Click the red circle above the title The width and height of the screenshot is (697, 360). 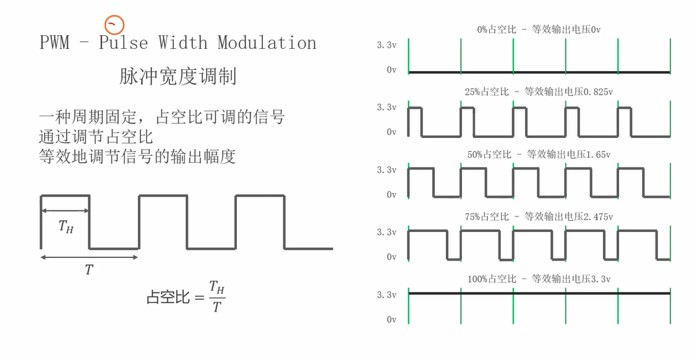point(114,25)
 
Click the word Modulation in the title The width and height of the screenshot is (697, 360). point(267,43)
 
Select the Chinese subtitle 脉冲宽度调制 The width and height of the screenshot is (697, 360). point(178,77)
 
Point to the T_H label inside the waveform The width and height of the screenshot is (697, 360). point(66,227)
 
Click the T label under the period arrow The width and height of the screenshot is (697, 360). point(88,270)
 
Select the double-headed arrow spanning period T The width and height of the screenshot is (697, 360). point(89,257)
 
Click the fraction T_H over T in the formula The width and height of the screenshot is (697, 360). point(216,296)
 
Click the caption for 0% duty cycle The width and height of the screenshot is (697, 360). point(539,29)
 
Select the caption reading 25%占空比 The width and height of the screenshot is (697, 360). point(539,92)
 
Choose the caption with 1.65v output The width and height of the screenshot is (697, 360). point(539,154)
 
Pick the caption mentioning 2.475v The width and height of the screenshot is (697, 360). point(539,216)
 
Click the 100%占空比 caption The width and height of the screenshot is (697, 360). point(539,279)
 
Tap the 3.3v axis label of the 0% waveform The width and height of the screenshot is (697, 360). point(387,45)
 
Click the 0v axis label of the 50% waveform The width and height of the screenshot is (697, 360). point(391,194)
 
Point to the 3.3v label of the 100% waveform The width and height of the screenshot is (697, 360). point(387,294)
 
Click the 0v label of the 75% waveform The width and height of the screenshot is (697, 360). point(391,257)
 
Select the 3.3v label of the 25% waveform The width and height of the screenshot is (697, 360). point(387,107)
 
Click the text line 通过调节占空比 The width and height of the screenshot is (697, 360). point(96,136)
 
